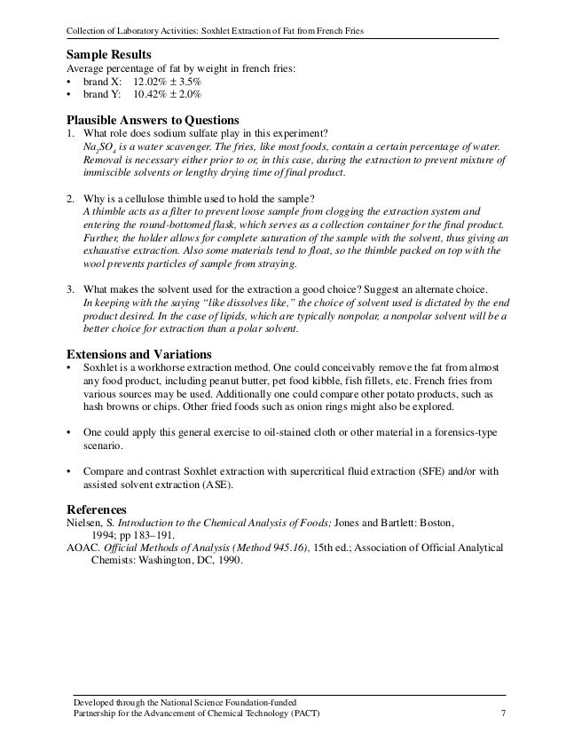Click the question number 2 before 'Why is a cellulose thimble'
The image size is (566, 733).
70,196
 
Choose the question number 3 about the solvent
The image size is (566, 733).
70,289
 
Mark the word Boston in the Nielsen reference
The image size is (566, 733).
435,524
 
